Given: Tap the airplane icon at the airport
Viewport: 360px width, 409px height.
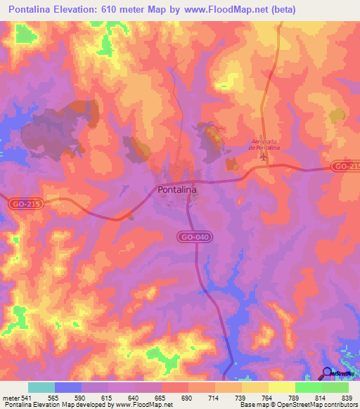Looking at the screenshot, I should tap(264, 156).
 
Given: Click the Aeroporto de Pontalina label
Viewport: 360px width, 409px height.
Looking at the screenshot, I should tap(265, 145).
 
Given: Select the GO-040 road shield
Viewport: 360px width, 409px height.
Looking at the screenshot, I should tap(193, 238).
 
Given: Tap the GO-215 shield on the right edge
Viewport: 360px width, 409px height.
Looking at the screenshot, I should tap(346, 167).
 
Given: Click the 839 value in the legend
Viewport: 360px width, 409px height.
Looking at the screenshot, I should tap(346, 398).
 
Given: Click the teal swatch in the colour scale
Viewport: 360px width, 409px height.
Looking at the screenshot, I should tap(41, 387).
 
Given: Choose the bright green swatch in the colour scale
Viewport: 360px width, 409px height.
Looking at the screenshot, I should tap(308, 387).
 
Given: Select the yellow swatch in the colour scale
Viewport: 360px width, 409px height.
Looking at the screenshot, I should tap(281, 387).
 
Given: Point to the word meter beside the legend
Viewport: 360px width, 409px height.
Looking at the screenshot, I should tap(12, 398).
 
